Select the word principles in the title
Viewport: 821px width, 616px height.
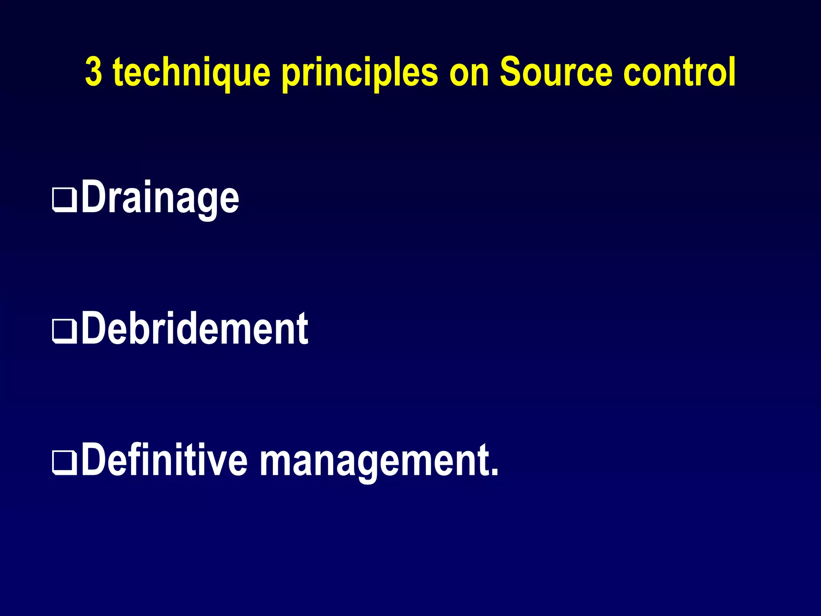point(360,73)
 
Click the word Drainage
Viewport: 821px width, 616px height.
point(160,198)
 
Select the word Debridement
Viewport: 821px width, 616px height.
point(195,328)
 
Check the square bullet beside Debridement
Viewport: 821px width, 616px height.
point(65,332)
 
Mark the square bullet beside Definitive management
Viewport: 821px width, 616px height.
point(65,464)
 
